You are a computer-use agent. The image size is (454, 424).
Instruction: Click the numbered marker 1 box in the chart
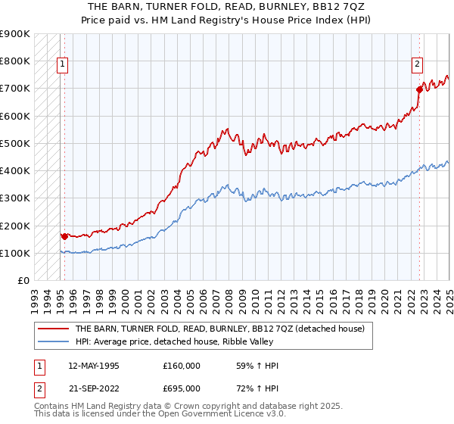pyautogui.click(x=61, y=65)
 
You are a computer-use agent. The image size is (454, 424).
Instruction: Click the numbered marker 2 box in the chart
pyautogui.click(x=416, y=65)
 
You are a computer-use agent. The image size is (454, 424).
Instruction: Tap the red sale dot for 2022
pyautogui.click(x=419, y=89)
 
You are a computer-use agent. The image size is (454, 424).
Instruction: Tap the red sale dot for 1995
pyautogui.click(x=64, y=236)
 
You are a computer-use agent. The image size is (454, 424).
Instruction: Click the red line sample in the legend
pyautogui.click(x=53, y=329)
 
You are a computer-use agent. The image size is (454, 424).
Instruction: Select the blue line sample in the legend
pyautogui.click(x=53, y=341)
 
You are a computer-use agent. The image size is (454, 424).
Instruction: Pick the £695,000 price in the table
pyautogui.click(x=182, y=388)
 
